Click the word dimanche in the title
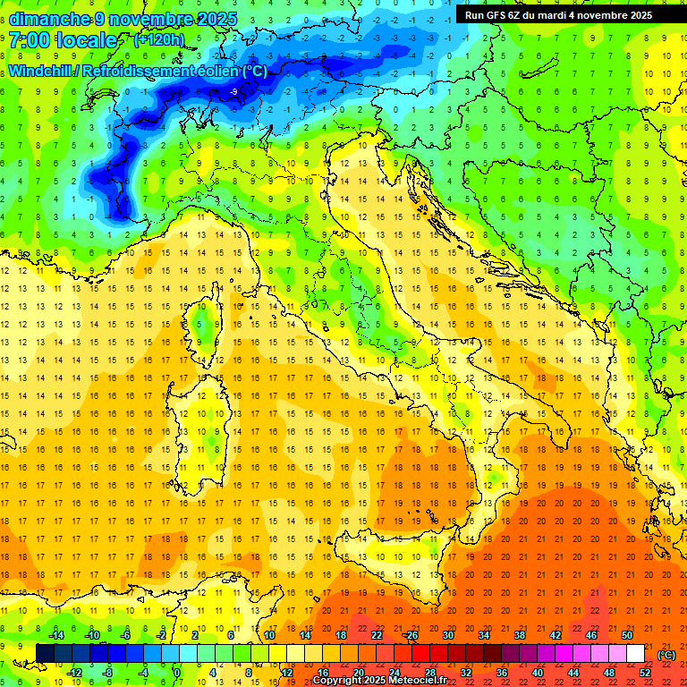coord(50,19)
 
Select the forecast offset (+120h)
coord(159,39)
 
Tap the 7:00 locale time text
coord(63,40)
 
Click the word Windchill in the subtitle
coord(40,71)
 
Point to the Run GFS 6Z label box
coord(558,15)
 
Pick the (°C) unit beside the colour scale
coord(666,654)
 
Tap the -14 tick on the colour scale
coord(56,635)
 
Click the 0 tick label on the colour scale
coord(177,673)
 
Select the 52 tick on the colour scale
coord(645,673)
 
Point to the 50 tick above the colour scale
coord(627,635)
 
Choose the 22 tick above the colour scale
coord(377,635)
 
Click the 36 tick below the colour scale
coord(502,673)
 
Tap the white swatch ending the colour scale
coord(635,654)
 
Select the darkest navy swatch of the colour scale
coord(45,654)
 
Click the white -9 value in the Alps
coord(233,92)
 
